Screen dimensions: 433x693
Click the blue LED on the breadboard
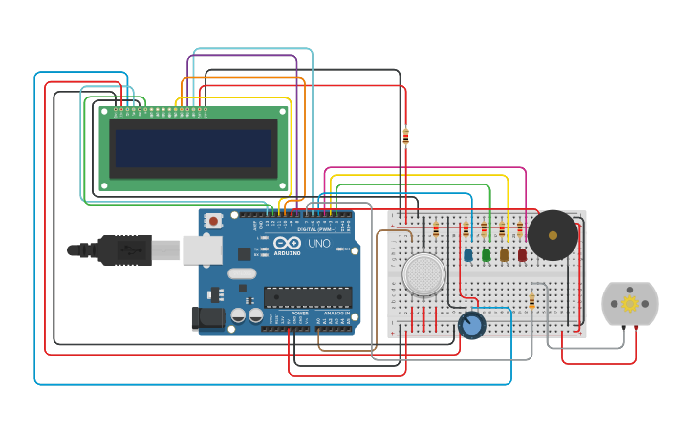467,254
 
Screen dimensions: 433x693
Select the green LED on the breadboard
486,254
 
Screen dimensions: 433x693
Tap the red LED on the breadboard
522,254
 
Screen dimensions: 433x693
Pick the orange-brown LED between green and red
504,254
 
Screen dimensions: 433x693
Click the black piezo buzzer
552,235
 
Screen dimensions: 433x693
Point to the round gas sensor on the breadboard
423,274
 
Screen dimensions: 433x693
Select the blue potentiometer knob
471,325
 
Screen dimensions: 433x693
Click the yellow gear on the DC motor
629,304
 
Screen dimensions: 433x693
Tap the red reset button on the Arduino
213,221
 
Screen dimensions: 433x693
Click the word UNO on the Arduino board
318,244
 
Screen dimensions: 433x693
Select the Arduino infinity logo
288,244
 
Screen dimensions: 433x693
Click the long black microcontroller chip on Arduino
307,297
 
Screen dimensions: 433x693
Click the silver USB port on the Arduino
202,250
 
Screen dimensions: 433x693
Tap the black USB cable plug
124,250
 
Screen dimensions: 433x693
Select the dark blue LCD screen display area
195,148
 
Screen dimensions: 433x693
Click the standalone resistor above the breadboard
405,137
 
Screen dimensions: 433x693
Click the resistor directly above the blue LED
466,229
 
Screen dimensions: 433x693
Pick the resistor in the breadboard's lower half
531,302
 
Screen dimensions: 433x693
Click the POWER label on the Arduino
299,313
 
